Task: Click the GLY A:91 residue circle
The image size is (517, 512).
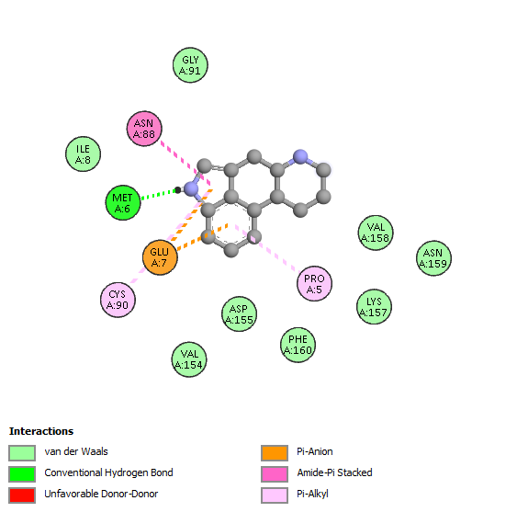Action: (190, 65)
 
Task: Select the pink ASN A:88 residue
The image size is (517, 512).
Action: (144, 129)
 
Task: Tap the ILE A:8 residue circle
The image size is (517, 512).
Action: (83, 154)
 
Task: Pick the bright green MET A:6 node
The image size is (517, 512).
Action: (123, 202)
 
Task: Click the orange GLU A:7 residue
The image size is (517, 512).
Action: (160, 257)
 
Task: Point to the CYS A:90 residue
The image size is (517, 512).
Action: (118, 300)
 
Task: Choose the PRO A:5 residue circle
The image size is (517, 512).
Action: (314, 283)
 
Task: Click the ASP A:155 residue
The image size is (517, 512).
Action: (239, 314)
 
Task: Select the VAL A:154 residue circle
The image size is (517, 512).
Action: (189, 359)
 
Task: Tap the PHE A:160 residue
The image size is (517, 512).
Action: (298, 345)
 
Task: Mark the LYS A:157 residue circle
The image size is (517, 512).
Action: (374, 307)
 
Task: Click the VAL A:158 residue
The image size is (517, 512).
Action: (376, 233)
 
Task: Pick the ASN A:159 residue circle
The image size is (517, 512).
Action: (433, 258)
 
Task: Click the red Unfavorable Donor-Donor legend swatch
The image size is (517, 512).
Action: (22, 495)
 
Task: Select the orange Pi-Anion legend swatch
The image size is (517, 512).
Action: (275, 453)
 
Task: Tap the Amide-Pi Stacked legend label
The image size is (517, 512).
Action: (334, 472)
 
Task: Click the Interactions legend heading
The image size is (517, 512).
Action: (41, 431)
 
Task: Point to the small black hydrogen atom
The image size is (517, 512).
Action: (178, 189)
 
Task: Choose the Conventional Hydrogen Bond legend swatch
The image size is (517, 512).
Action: (22, 474)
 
